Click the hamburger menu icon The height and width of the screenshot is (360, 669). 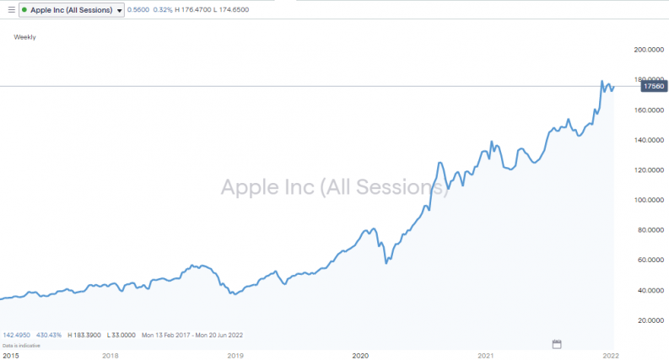coord(10,10)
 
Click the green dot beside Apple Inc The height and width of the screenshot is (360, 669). coord(27,10)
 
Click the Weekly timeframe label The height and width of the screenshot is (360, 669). coord(25,37)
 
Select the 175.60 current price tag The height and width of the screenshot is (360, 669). coord(654,86)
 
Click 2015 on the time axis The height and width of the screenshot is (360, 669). coord(11,355)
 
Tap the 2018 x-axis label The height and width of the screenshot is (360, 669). coord(111,355)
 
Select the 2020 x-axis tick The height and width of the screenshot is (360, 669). coord(360,355)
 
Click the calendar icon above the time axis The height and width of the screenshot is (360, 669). coord(557,343)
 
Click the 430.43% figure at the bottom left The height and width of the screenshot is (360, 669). coord(50,335)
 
